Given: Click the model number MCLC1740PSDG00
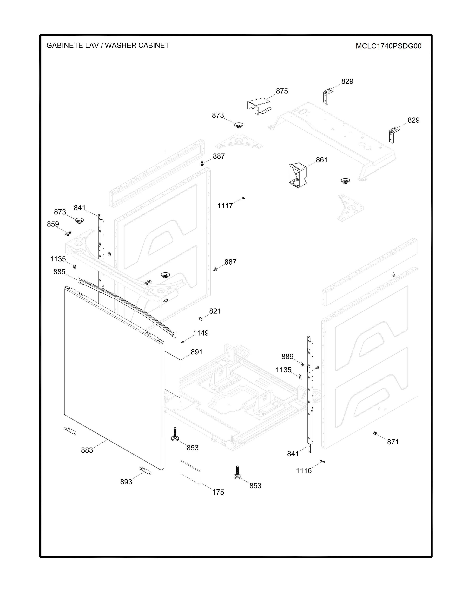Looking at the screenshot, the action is (x=388, y=46).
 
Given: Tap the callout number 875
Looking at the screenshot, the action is (x=282, y=91).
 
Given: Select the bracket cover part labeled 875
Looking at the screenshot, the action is (x=258, y=106).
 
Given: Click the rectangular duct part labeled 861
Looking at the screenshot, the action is (x=298, y=175).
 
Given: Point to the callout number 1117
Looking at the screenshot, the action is (x=225, y=206).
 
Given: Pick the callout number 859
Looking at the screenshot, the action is (x=53, y=224).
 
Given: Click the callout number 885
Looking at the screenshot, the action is (x=60, y=272).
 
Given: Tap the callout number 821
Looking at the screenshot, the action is (x=215, y=311).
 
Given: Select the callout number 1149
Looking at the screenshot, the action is (x=201, y=333).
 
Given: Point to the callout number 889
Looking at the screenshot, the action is (x=287, y=356).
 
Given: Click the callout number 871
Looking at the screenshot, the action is (x=393, y=442).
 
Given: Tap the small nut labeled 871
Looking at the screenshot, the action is (x=375, y=433).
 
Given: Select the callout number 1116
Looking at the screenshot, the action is (x=304, y=471).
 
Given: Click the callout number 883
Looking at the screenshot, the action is (x=87, y=450).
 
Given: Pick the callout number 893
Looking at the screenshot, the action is (x=126, y=482).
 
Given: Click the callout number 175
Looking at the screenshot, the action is (x=218, y=492).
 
